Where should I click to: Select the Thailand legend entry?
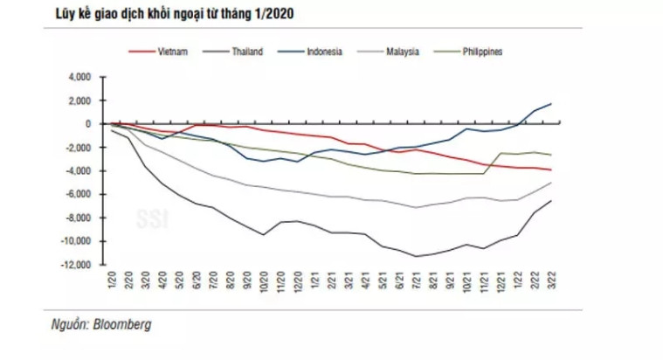point(248,52)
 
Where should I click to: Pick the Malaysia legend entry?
point(403,52)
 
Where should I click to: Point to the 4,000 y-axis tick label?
point(79,77)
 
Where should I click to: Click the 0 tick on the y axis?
point(88,124)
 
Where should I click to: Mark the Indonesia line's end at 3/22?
point(551,104)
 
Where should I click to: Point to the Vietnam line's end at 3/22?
point(551,170)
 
